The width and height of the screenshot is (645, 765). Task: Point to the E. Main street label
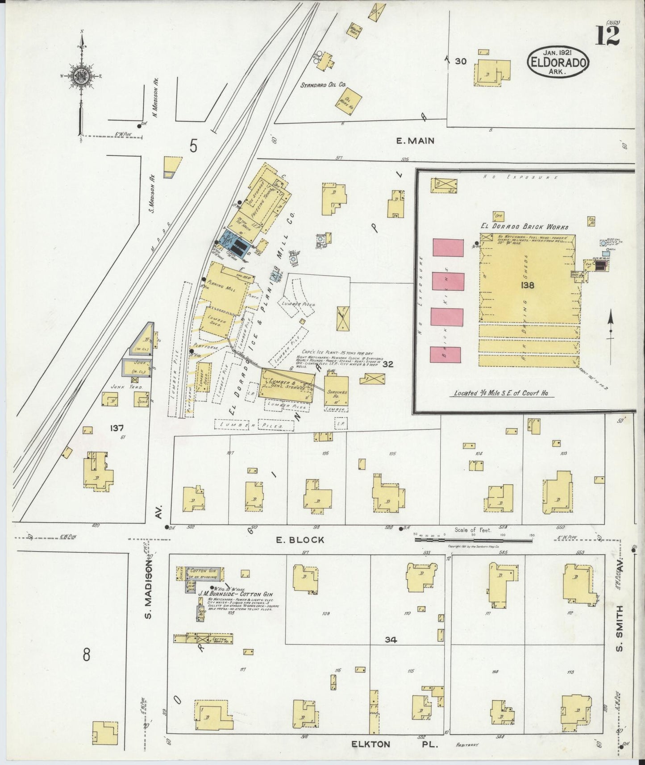[415, 141]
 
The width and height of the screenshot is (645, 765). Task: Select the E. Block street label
[300, 540]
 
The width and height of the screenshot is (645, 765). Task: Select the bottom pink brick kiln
[445, 354]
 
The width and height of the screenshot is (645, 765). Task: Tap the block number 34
[391, 640]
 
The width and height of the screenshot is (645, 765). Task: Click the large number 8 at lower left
[86, 655]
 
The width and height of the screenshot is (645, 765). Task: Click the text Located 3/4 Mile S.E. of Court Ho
[501, 393]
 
